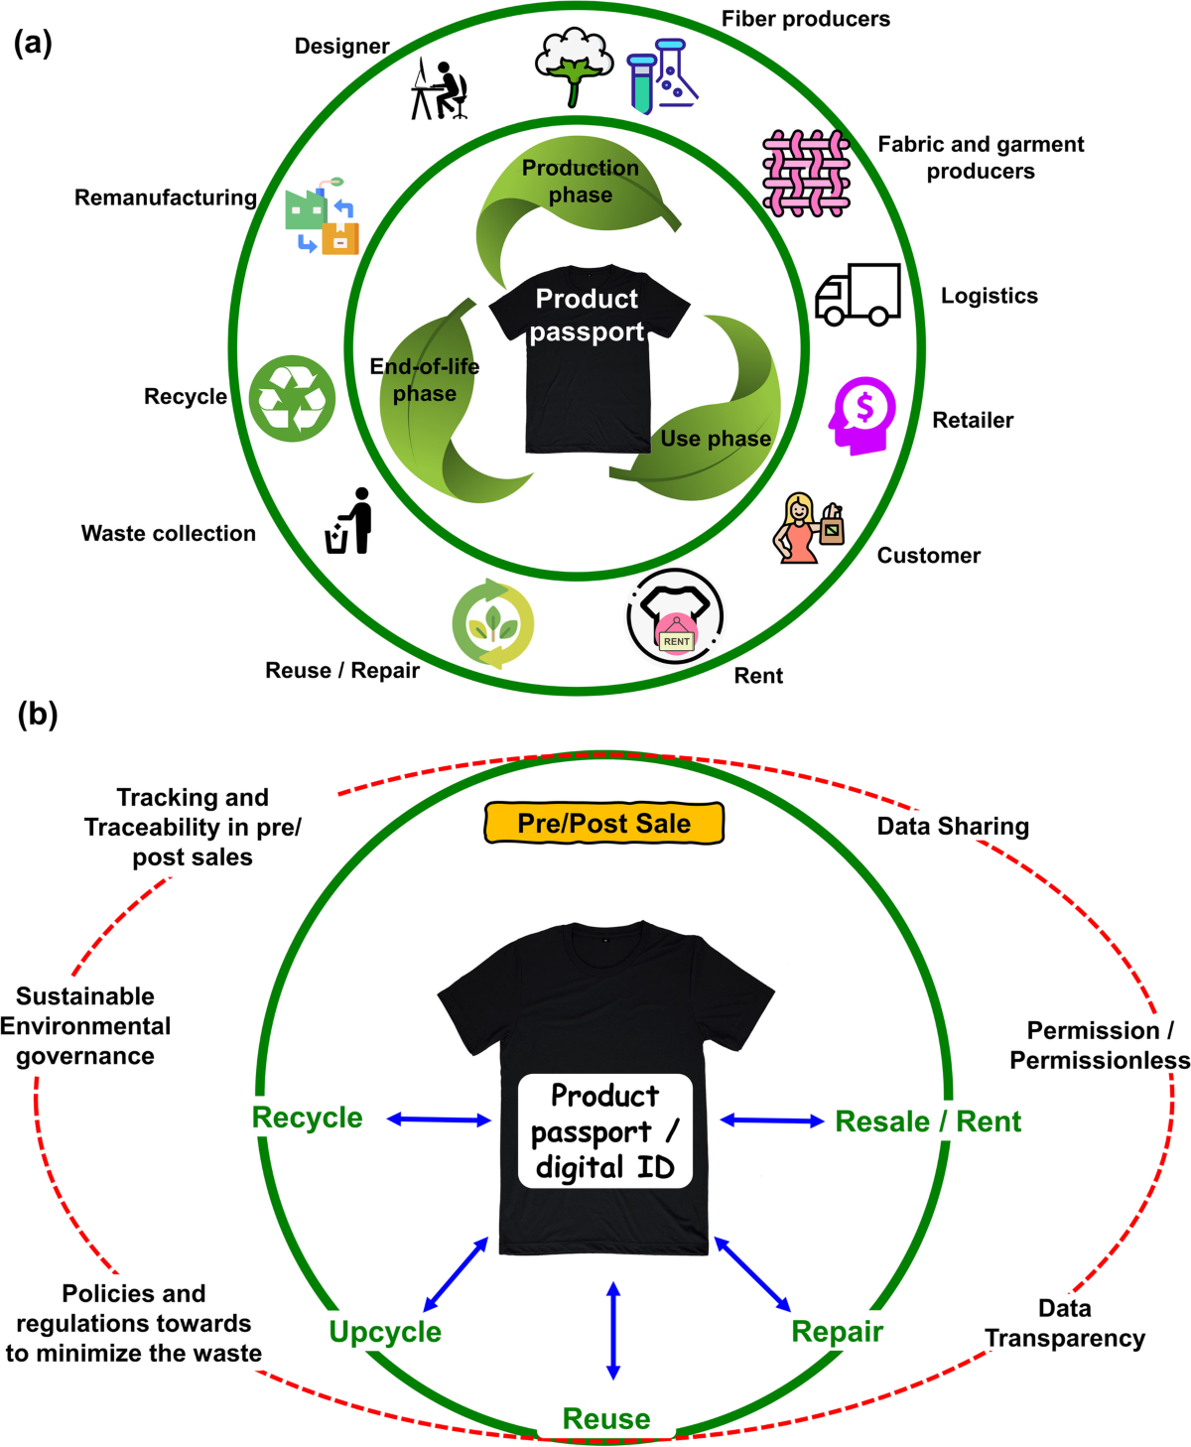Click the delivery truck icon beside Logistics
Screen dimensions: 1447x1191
coord(858,295)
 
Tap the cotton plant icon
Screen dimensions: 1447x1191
coord(573,66)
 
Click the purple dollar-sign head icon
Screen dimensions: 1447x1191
coord(861,416)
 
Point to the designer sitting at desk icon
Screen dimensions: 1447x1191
coord(440,90)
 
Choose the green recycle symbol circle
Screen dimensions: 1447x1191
coord(292,398)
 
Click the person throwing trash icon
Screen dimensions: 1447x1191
coord(350,522)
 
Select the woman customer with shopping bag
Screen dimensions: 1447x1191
coord(808,528)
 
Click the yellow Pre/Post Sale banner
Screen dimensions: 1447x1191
coord(603,824)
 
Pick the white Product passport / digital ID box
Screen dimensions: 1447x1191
coord(604,1131)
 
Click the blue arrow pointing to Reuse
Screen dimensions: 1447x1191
coord(613,1331)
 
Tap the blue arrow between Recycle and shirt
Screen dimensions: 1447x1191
coord(439,1119)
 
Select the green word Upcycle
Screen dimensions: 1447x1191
coord(385,1332)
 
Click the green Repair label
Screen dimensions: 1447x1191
coord(837,1332)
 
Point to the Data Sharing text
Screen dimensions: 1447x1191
coord(953,826)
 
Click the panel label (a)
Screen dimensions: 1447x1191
coord(33,43)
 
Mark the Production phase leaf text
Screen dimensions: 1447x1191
coord(581,182)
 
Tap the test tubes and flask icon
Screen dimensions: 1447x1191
coord(662,75)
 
